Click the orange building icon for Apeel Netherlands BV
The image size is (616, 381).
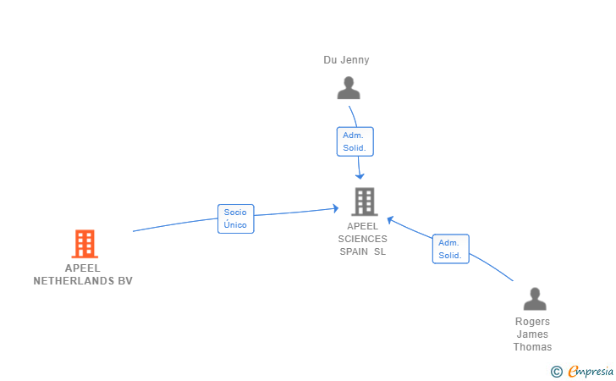tap(84, 244)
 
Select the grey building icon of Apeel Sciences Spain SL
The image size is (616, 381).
tap(364, 202)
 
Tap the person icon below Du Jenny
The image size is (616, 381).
tap(348, 88)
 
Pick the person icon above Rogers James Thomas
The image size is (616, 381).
tap(534, 299)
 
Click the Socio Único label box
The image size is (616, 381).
tap(235, 218)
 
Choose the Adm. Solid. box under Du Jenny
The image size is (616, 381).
tap(355, 141)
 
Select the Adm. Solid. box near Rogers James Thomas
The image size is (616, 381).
tap(450, 249)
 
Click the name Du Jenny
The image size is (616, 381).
tap(346, 60)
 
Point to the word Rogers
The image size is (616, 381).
tap(532, 322)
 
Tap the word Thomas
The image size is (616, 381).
tap(532, 347)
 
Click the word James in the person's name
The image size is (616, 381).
tap(532, 334)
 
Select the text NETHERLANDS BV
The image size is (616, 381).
tap(83, 281)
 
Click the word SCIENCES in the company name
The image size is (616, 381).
tap(362, 239)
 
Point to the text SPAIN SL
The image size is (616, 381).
tap(362, 251)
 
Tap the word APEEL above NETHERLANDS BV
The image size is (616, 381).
tap(82, 268)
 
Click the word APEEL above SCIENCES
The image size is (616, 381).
tap(362, 226)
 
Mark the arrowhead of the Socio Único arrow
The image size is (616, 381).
tap(337, 207)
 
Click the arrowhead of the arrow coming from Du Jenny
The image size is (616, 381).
tap(360, 175)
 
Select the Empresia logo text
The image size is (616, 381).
tap(591, 371)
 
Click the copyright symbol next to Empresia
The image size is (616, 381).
tap(556, 371)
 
